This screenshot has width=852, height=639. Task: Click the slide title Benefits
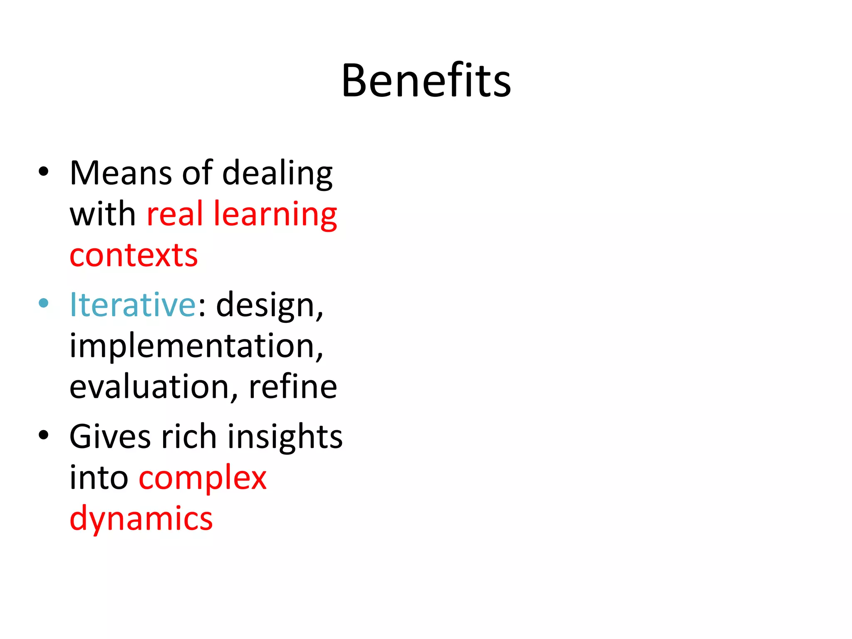pyautogui.click(x=426, y=81)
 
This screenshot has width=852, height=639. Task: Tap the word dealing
pyautogui.click(x=277, y=174)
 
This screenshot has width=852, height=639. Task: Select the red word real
pyautogui.click(x=175, y=214)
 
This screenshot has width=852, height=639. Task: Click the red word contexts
pyautogui.click(x=134, y=255)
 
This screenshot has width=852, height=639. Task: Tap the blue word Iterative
pyautogui.click(x=133, y=305)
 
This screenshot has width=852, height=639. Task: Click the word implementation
pyautogui.click(x=196, y=346)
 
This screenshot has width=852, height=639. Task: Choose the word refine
pyautogui.click(x=293, y=387)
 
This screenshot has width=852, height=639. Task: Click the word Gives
pyautogui.click(x=110, y=436)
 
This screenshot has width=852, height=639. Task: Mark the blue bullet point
pyautogui.click(x=43, y=303)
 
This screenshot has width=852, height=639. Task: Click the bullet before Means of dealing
pyautogui.click(x=43, y=171)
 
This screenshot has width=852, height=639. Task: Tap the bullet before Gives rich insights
pyautogui.click(x=43, y=435)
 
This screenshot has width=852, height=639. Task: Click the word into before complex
pyautogui.click(x=99, y=478)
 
